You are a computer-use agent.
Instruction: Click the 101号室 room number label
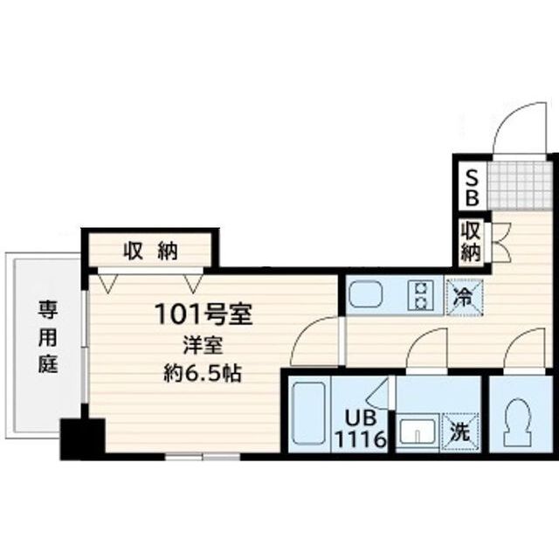point(204,314)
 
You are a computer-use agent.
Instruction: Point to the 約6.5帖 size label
point(204,375)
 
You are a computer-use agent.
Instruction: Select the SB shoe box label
point(471,187)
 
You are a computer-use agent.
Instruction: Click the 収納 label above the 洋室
point(149,252)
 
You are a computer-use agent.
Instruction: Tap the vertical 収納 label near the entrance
point(471,243)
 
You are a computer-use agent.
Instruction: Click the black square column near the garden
point(82,437)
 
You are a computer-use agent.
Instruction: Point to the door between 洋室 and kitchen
point(314,341)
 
